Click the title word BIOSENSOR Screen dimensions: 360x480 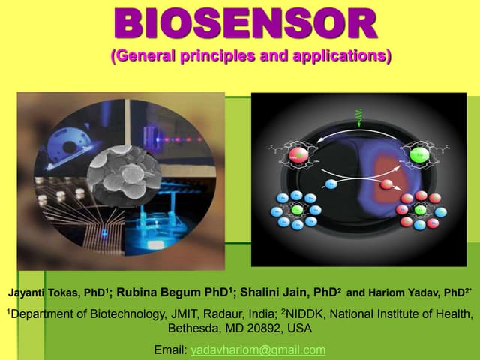(246, 24)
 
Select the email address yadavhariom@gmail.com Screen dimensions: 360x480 (259, 350)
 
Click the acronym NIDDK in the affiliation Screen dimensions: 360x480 (308, 313)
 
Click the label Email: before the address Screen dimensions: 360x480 (170, 350)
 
